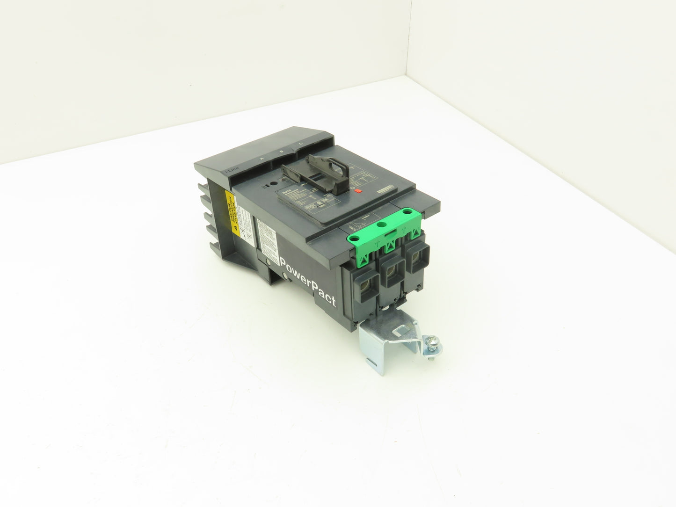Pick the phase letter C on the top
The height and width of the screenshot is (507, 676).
tap(300, 144)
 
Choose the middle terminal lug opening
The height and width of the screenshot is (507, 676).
tap(391, 271)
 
